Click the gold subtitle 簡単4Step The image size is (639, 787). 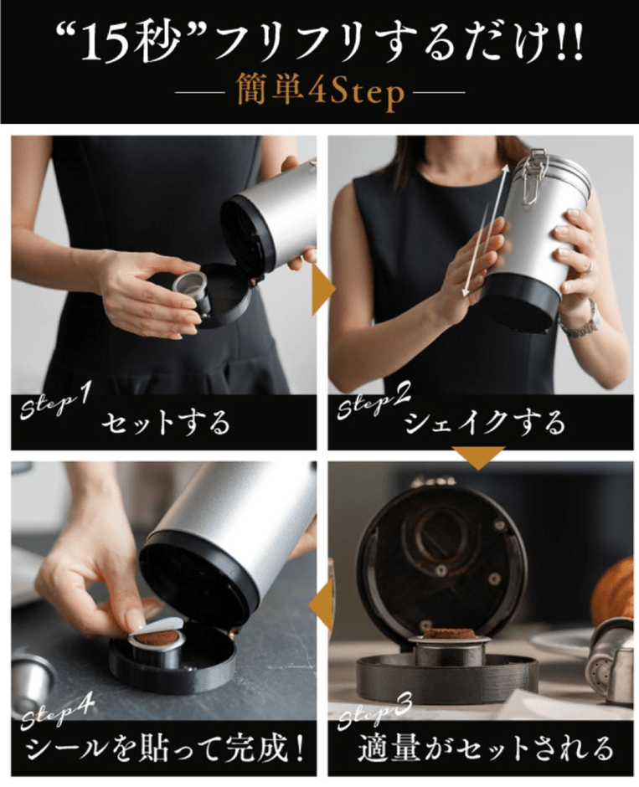tap(320, 93)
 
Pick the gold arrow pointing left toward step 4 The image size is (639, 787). tap(322, 604)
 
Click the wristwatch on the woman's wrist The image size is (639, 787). tap(580, 322)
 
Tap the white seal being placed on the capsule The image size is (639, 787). tap(161, 627)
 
